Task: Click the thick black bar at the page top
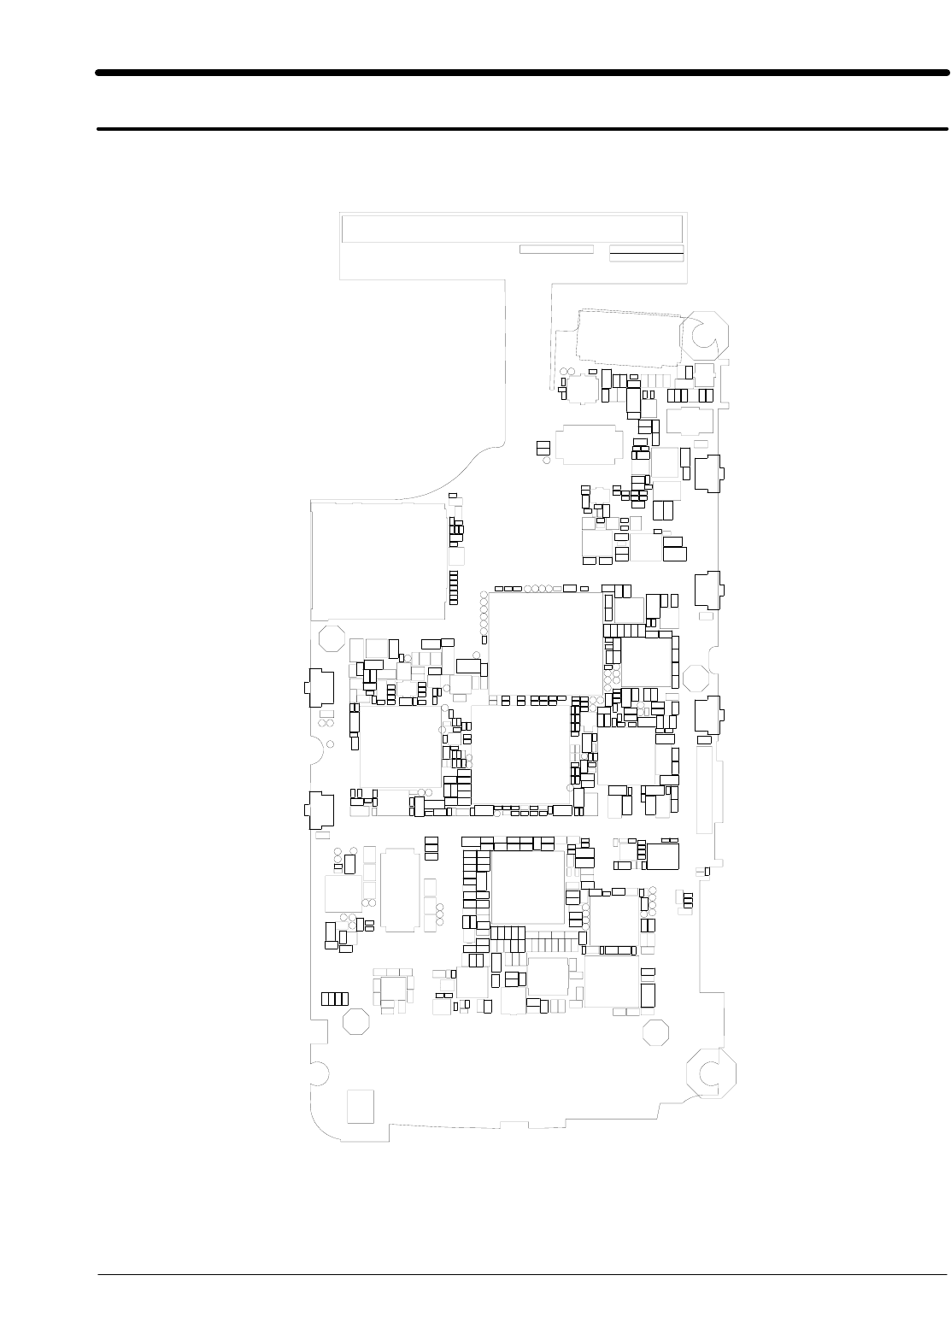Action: (x=522, y=73)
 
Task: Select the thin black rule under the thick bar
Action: (x=522, y=130)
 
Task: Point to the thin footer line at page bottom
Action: (x=522, y=1277)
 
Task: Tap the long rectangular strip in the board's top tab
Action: (x=512, y=229)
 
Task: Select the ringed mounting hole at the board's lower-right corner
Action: (x=708, y=1073)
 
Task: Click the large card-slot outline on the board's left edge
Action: (x=378, y=561)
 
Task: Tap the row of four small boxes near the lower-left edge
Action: (x=334, y=998)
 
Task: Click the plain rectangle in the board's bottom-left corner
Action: (x=361, y=1107)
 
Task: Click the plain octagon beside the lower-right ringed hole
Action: (x=655, y=1032)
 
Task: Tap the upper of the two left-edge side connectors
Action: (x=317, y=685)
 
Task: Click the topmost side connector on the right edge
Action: (x=708, y=473)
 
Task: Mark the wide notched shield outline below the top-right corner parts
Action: (x=587, y=444)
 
